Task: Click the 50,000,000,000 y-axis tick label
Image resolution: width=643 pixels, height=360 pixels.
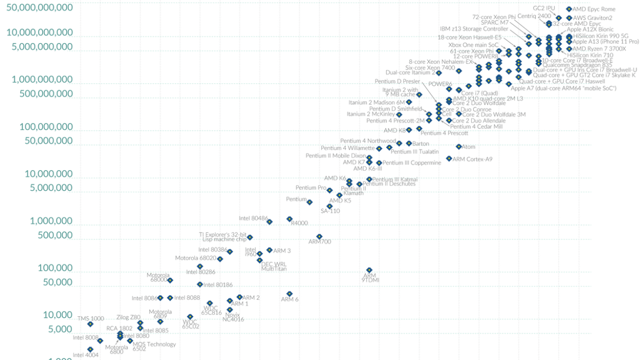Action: [x=40, y=8]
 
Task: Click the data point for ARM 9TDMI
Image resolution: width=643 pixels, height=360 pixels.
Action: [x=369, y=270]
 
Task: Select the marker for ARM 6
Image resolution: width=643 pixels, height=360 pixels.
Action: [x=290, y=294]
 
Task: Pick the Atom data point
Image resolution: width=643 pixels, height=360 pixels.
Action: [x=459, y=147]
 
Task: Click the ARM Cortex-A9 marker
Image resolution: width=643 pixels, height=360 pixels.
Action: [x=449, y=158]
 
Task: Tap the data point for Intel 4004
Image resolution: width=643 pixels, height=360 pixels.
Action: [x=91, y=349]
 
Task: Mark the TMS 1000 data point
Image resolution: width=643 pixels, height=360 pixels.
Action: [x=91, y=324]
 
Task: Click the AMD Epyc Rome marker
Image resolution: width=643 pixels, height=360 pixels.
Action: [x=569, y=9]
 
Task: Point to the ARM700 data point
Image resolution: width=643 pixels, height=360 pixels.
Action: [x=319, y=237]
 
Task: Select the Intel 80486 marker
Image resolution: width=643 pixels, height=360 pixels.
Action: [x=270, y=222]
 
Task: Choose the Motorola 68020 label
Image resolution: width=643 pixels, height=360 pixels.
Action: [x=195, y=258]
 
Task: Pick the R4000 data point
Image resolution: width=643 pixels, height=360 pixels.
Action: [x=290, y=219]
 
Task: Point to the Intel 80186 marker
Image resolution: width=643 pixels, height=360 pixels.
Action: [x=200, y=284]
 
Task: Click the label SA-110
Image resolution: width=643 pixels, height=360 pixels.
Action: [x=330, y=211]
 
